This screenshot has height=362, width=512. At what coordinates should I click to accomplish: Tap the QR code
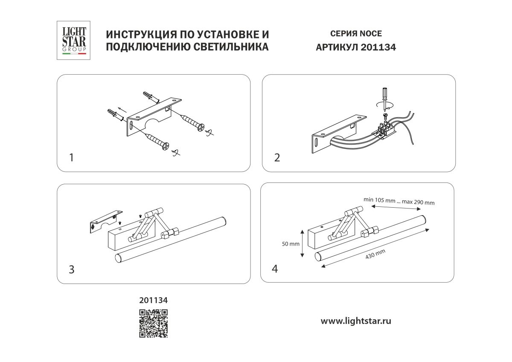tap(154, 324)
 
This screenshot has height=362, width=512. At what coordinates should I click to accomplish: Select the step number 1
tap(71, 158)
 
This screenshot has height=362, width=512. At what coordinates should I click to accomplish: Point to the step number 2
tap(277, 158)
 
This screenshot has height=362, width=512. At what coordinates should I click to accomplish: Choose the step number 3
tap(72, 269)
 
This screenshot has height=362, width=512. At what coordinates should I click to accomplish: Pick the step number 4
tap(275, 269)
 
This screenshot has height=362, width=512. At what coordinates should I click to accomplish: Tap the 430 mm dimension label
tap(375, 255)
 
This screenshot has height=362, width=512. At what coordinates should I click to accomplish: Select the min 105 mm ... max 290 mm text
tap(399, 201)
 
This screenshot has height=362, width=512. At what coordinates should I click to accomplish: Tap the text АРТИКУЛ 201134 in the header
tap(356, 48)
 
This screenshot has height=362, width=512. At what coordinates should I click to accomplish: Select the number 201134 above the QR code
tap(154, 300)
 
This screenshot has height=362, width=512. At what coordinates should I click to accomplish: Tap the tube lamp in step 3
tap(171, 239)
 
